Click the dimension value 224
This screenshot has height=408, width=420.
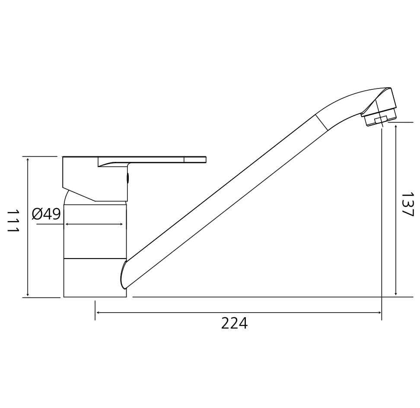234,324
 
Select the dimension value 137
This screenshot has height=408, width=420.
407,204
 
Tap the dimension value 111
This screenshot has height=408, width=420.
13,221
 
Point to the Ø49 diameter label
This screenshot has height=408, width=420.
46,214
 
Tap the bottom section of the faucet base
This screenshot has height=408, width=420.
95,278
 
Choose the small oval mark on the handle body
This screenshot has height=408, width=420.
127,178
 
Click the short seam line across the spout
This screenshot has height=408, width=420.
321,123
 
